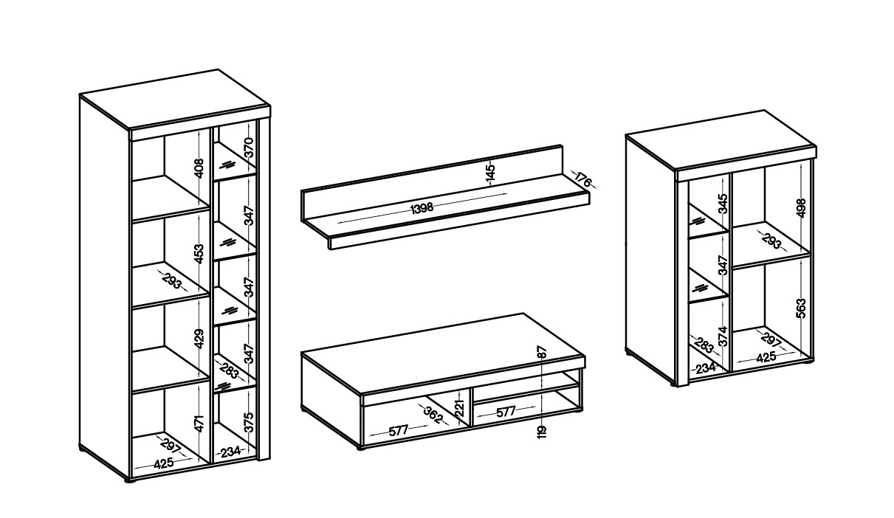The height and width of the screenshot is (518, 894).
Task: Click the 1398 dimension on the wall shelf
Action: click(422, 208)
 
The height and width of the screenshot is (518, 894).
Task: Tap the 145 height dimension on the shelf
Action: click(490, 173)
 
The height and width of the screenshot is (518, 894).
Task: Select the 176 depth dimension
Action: click(583, 179)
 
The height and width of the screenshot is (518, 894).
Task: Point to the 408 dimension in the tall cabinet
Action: click(199, 168)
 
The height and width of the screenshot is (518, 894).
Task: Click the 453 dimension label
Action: click(199, 253)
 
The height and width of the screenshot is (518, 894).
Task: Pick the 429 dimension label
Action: click(199, 339)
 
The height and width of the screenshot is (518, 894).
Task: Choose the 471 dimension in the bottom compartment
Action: click(199, 424)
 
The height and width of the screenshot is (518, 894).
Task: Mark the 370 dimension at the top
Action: click(249, 147)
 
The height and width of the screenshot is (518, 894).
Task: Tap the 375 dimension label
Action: click(249, 422)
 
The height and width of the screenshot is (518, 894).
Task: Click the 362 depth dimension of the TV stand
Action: click(433, 415)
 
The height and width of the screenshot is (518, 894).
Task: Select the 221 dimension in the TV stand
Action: click(460, 408)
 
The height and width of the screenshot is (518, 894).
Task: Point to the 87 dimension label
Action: click(542, 351)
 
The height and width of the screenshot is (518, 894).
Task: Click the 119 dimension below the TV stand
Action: click(542, 432)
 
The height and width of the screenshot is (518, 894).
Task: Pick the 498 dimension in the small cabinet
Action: click(801, 207)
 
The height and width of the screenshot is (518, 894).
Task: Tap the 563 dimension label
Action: click(801, 308)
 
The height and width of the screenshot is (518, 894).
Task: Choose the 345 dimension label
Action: click(723, 204)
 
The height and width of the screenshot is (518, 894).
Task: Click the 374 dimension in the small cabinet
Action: click(723, 336)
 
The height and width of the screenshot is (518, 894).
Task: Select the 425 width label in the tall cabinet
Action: click(164, 463)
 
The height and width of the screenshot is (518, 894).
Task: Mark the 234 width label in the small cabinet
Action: click(706, 368)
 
